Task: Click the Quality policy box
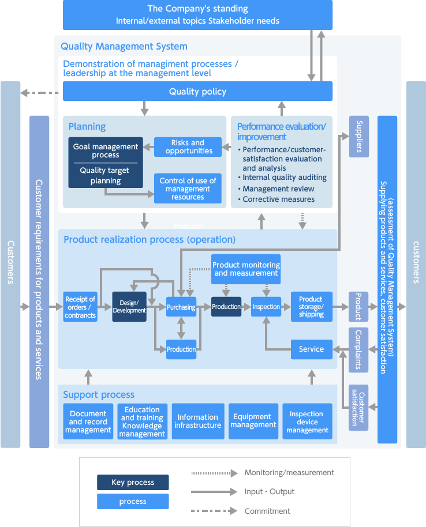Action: [197, 91]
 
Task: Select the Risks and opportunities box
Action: [188, 147]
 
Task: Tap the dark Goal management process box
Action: [106, 163]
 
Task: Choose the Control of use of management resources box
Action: [188, 189]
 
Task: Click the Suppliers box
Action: [358, 137]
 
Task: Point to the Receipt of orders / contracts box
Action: [80, 307]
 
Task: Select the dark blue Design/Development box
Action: [129, 307]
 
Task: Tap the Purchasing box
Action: [181, 307]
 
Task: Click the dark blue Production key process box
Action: [226, 307]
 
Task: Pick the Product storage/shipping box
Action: [311, 307]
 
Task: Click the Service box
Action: [311, 349]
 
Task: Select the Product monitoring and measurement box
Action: [246, 269]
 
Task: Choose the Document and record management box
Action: [88, 421]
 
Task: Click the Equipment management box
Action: [253, 421]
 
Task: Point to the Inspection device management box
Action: [307, 421]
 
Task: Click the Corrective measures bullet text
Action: [278, 199]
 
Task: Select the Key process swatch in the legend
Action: [133, 482]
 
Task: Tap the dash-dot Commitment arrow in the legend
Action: [214, 511]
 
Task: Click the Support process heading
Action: [99, 395]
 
